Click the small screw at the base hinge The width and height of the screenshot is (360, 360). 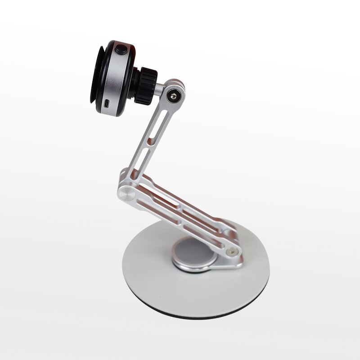pyautogui.click(x=232, y=252)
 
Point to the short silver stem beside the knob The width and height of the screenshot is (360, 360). pyautogui.click(x=161, y=85)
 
